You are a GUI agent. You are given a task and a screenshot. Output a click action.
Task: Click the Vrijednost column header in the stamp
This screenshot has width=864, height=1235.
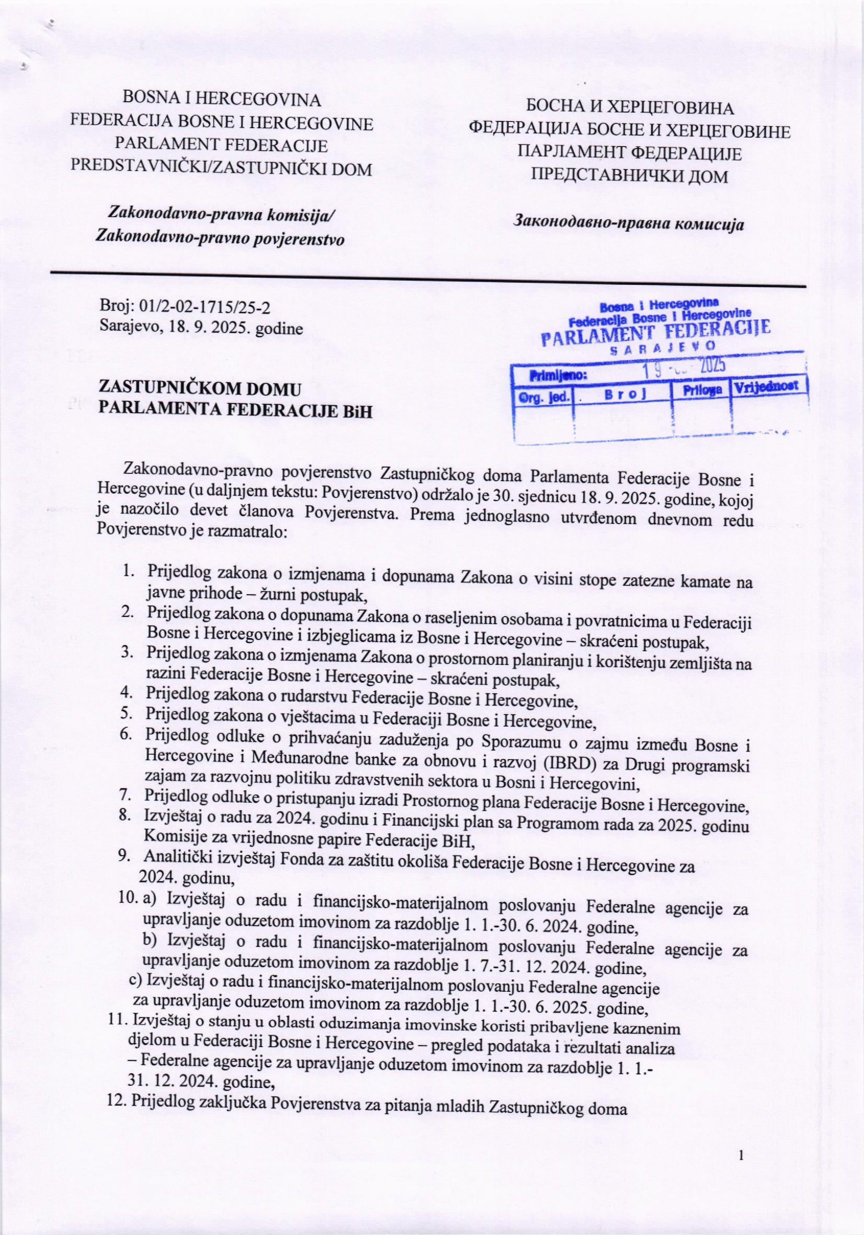point(768,388)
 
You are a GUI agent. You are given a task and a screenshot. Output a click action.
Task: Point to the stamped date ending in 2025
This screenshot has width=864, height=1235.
point(683,367)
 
